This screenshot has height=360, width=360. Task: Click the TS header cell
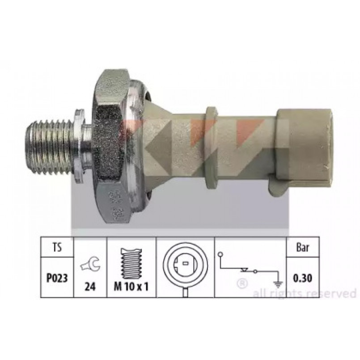point(57,247)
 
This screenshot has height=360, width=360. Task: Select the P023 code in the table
point(57,278)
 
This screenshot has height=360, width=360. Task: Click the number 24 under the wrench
point(90,286)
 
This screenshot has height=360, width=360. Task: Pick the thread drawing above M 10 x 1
point(131,263)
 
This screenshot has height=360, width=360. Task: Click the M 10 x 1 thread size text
point(131,287)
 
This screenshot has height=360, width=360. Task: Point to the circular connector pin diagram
point(185,268)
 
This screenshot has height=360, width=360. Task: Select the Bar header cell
point(303,247)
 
